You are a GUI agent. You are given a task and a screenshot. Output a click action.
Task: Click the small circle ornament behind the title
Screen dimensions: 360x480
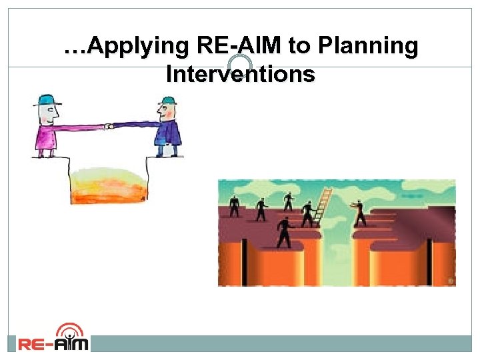[x=239, y=65]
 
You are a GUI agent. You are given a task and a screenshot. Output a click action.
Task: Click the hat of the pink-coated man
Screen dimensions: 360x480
[x=45, y=101]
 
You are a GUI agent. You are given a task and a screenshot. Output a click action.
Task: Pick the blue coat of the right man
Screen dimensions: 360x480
[x=168, y=134]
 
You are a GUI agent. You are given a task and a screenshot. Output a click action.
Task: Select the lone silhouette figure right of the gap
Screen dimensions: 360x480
[x=360, y=213]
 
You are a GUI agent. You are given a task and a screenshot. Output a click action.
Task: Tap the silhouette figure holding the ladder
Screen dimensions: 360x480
[x=307, y=214]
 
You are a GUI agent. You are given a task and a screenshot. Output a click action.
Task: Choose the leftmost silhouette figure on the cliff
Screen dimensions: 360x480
[x=234, y=206]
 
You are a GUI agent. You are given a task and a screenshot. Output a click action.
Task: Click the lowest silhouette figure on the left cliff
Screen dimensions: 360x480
[x=285, y=231]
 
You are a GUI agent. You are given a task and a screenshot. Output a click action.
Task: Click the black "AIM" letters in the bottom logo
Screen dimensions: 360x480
[x=69, y=344]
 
